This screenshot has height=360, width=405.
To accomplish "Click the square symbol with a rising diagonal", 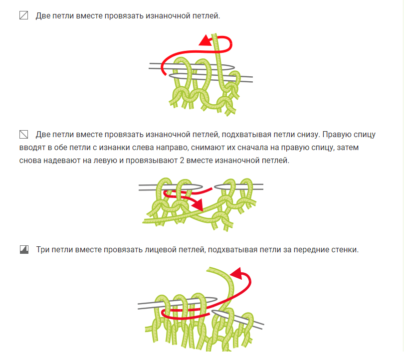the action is [24, 15].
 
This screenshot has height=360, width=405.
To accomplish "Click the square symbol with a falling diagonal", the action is [24, 134].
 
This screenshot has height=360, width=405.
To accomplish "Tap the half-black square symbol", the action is [24, 249].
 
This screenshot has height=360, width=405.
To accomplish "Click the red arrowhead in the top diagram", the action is [206, 40].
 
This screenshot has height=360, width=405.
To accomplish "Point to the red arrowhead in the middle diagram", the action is [198, 204].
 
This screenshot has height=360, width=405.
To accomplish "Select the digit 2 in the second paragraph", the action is [182, 161].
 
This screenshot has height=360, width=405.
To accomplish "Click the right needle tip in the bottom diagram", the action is [213, 312].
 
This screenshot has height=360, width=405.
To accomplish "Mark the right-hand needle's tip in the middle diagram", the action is [216, 186].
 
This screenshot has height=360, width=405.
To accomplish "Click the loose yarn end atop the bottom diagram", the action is [208, 270].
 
